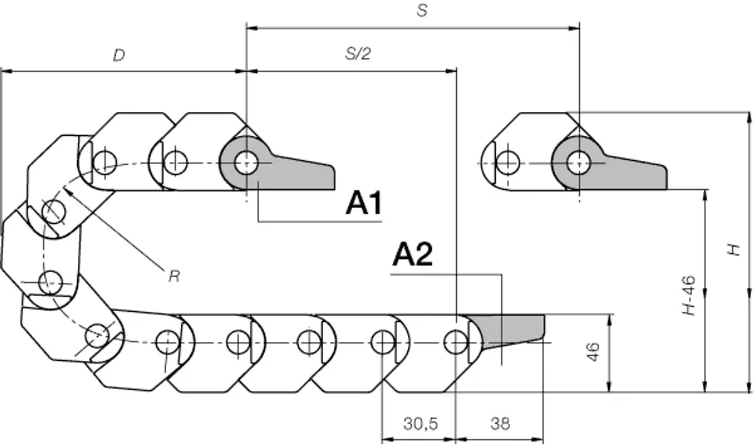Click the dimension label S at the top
[422, 11]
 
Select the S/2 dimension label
[358, 54]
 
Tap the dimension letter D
[119, 55]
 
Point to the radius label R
[174, 277]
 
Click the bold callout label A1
[364, 202]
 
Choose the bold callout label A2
[412, 255]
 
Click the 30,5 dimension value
[420, 424]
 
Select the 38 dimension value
[500, 424]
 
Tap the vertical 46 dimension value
[594, 352]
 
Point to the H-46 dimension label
[689, 295]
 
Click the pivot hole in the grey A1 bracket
[247, 163]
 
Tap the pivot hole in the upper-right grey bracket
[579, 163]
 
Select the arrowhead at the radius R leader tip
[67, 192]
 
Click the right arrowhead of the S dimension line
[574, 28]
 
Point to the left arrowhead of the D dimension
[6, 72]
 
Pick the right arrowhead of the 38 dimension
[537, 439]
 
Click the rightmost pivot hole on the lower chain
[456, 343]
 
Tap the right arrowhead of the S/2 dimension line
[451, 71]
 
